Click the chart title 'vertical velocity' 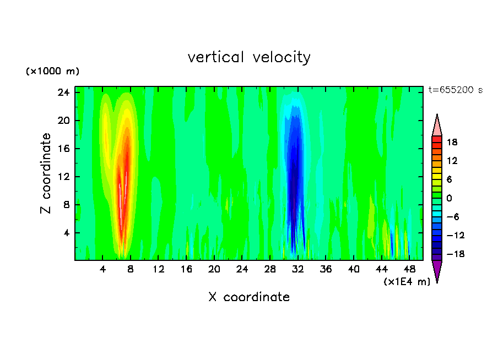click(249, 57)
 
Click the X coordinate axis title click(249, 297)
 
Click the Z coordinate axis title click(46, 173)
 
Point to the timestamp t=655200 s click(455, 90)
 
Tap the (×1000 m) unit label click(52, 72)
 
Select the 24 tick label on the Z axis click(63, 92)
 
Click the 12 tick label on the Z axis click(63, 177)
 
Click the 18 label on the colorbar click(452, 142)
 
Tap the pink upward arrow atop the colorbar click(437, 126)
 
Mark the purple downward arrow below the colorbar click(437, 270)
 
